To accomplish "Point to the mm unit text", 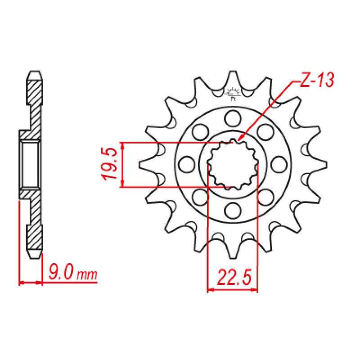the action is pos(87,275).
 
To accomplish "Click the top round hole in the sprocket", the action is pos(233,118).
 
